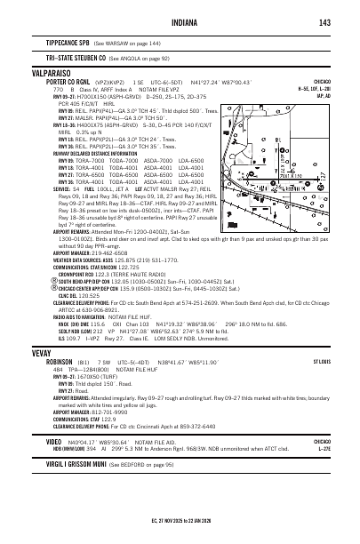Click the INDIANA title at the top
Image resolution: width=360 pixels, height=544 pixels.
[x=180, y=22]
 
